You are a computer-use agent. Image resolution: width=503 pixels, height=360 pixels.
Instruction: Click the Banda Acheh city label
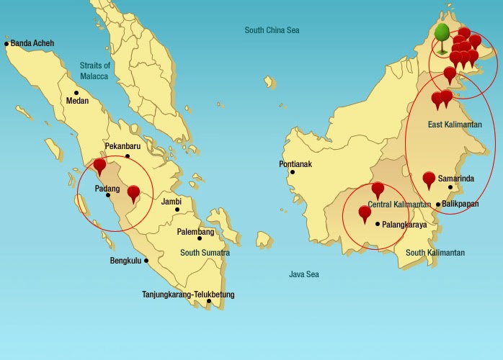32,43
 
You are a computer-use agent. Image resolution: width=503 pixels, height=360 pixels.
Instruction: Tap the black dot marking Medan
76,93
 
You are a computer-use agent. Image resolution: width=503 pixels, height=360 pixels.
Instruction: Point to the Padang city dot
108,195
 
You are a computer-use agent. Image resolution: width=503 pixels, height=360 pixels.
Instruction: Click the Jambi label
171,202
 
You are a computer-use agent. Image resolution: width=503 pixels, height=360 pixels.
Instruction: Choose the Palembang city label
196,232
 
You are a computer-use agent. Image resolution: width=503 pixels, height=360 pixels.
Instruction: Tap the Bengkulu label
127,261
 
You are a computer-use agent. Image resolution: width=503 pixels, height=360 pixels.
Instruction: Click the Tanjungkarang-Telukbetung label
188,294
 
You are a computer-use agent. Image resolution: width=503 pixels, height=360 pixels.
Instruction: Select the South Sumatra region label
205,253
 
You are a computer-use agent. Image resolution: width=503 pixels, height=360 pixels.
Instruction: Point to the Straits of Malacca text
94,71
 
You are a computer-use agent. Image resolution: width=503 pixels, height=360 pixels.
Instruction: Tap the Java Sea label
304,274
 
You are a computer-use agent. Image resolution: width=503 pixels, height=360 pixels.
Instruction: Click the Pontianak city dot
292,172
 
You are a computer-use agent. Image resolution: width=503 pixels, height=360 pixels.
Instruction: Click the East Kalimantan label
455,125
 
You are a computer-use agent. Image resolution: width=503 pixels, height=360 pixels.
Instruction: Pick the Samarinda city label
456,178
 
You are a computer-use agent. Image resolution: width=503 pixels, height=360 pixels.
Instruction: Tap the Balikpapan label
460,204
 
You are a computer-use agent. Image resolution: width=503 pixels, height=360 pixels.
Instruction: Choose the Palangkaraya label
404,225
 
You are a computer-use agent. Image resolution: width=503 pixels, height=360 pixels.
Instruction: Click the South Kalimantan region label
435,253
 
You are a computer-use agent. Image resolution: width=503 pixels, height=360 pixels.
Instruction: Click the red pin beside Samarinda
429,179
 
